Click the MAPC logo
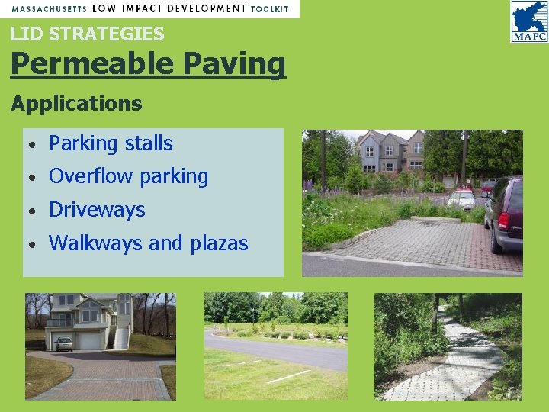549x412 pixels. tap(528, 21)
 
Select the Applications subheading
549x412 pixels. tap(76, 103)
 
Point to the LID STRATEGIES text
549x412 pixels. tap(87, 34)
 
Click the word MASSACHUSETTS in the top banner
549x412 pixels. tap(47, 8)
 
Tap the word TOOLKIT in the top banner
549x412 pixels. tap(269, 8)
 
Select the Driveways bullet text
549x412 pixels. tap(97, 210)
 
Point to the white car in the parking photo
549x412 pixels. tap(461, 200)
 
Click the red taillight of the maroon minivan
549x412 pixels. tap(503, 221)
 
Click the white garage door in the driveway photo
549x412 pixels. tap(91, 340)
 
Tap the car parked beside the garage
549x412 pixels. tap(64, 344)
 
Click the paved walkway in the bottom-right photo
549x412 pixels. tap(457, 359)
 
